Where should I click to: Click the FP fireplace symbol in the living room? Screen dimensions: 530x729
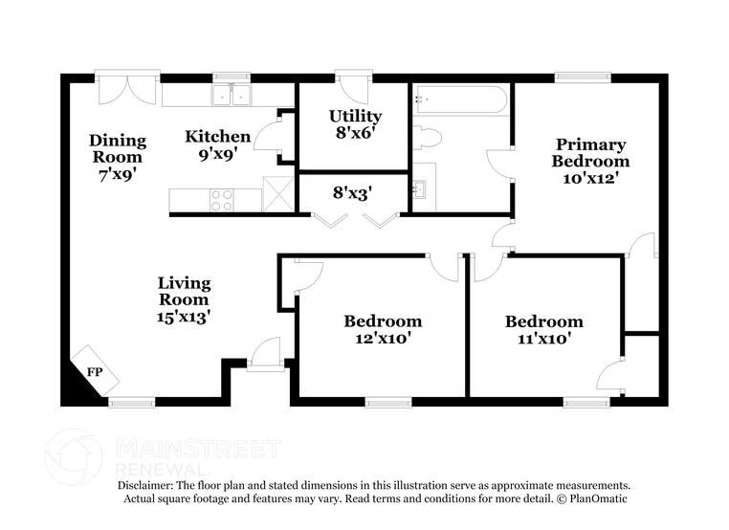click(92, 371)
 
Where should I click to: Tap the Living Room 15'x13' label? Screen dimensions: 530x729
click(184, 299)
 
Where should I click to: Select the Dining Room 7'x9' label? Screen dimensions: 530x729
click(117, 157)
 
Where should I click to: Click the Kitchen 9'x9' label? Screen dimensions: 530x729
click(217, 144)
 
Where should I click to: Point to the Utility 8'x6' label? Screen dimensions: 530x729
click(355, 124)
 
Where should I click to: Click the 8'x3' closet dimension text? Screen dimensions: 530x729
click(352, 192)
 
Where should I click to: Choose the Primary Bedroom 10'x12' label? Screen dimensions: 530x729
click(590, 161)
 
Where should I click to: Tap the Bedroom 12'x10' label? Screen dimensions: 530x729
click(383, 329)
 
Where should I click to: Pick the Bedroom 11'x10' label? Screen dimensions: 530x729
click(543, 329)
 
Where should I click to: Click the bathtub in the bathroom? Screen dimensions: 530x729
click(460, 99)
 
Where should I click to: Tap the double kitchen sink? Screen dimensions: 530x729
click(231, 95)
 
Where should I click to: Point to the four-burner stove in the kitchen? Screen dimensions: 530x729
click(222, 200)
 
